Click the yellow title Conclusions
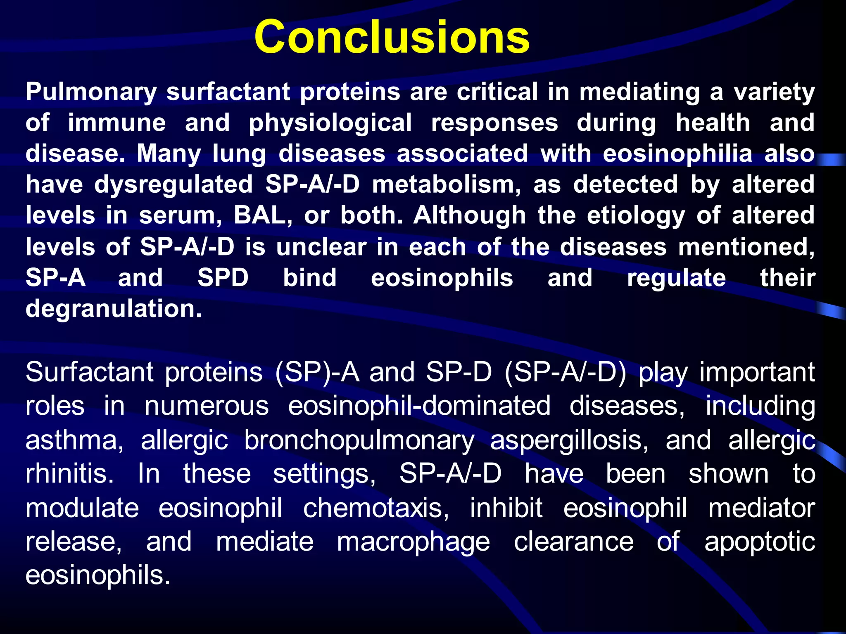pos(392,37)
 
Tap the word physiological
pos(330,123)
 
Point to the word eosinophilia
pos(677,154)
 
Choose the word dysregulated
pos(173,184)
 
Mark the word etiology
pos(636,215)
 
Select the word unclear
pos(321,247)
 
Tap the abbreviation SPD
pos(223,277)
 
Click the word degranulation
pos(114,309)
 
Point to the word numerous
pos(207,406)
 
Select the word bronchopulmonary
pos(359,440)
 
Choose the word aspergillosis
pos(569,440)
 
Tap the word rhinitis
pos(69,473)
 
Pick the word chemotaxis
pos(376,508)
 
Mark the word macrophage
pos(413,542)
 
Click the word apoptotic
pos(760,542)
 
